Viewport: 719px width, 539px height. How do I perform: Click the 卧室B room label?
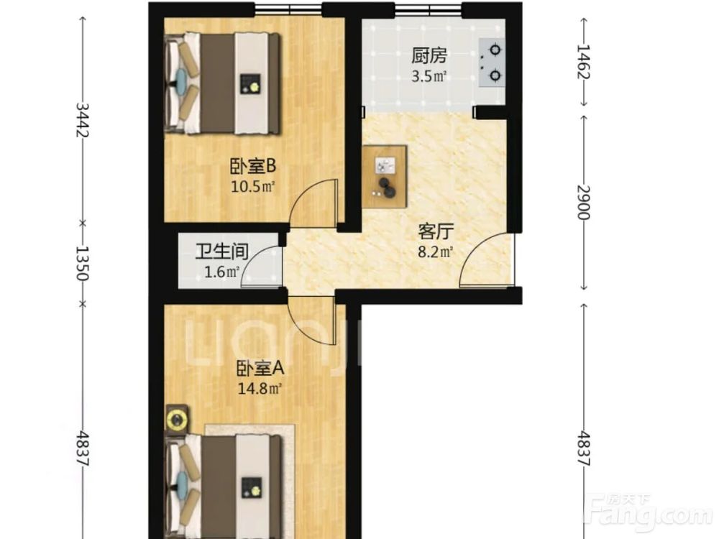(252, 167)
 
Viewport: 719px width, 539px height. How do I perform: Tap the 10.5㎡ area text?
(252, 187)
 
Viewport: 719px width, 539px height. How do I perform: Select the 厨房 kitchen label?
(429, 56)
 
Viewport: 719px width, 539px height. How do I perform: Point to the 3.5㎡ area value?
(429, 76)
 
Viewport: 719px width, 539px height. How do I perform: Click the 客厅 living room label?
(436, 232)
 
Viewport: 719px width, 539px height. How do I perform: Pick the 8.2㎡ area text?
(436, 252)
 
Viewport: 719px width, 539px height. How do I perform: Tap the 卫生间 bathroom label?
(222, 252)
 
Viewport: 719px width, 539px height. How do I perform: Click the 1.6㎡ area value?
(222, 272)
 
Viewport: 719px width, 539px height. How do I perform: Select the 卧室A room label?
(260, 369)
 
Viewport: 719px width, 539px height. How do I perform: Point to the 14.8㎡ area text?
(260, 389)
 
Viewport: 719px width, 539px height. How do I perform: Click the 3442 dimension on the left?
(83, 119)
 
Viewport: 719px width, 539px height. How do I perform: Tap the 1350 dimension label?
(83, 263)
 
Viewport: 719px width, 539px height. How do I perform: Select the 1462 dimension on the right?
(583, 61)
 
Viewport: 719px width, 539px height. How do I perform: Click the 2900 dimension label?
(583, 203)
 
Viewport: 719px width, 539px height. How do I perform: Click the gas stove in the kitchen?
(492, 63)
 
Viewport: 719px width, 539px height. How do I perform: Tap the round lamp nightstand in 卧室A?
(177, 419)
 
